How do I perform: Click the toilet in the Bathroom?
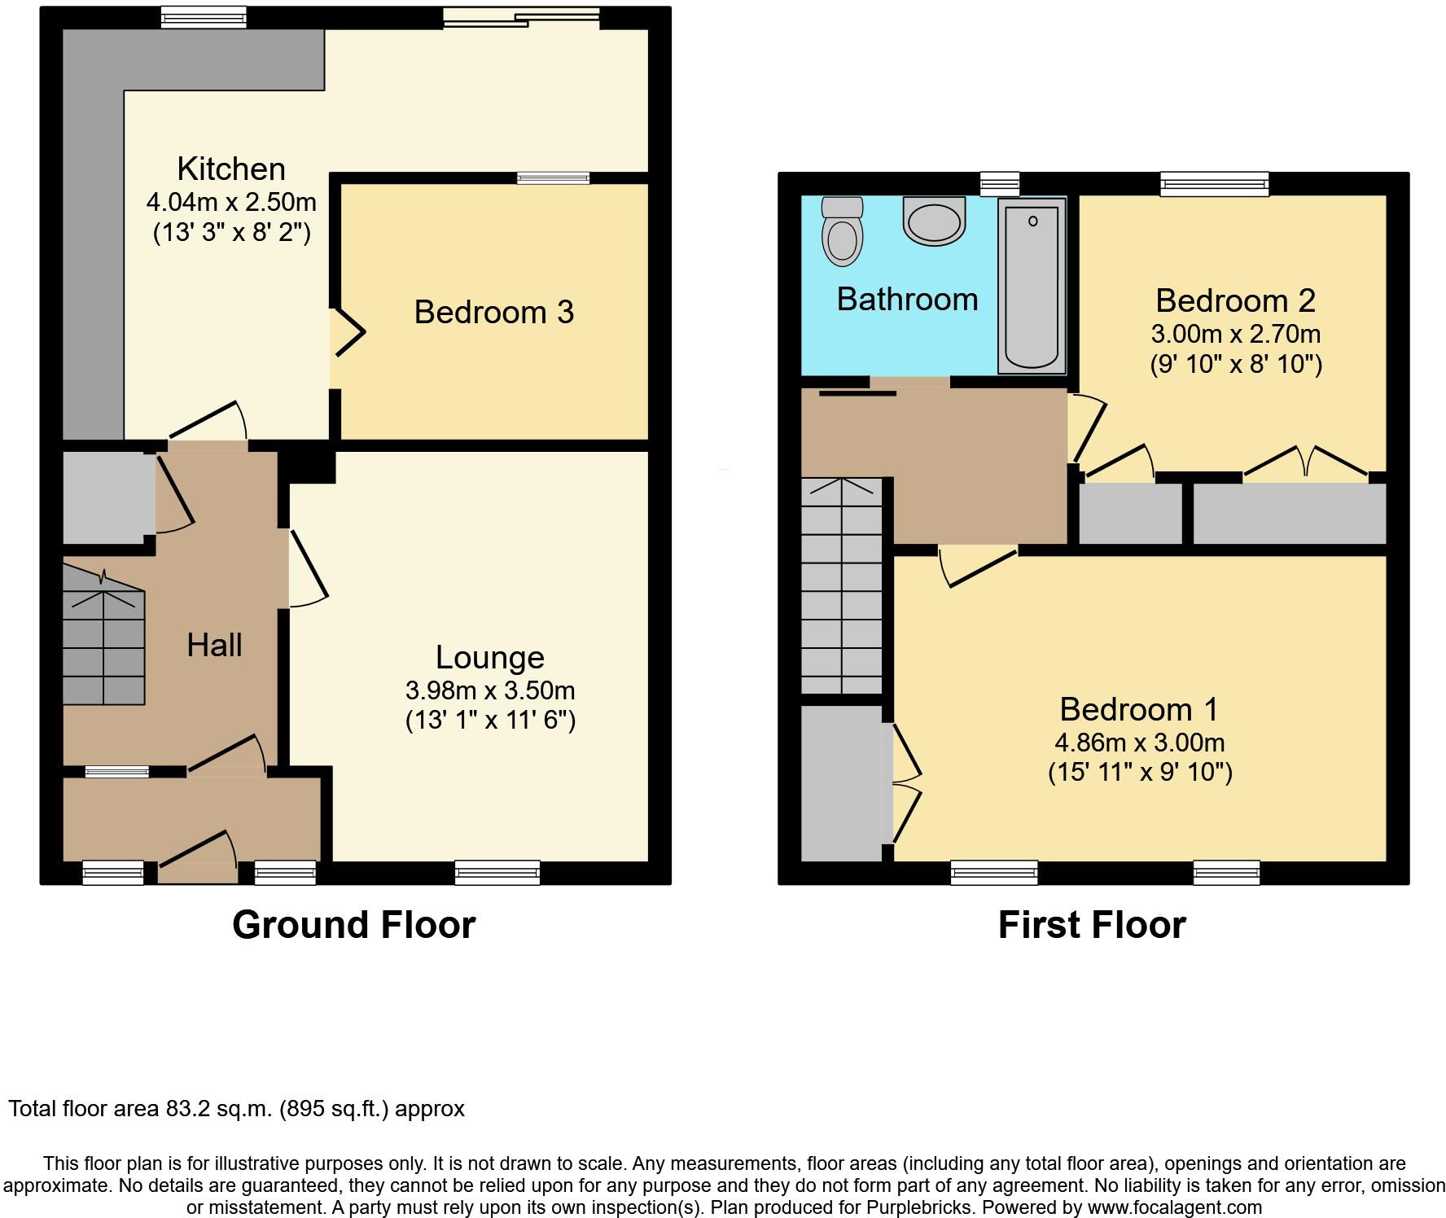(842, 231)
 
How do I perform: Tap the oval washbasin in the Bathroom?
(933, 222)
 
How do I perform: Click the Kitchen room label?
(231, 169)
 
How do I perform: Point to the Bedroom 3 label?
(493, 313)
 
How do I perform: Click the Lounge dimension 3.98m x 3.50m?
(490, 690)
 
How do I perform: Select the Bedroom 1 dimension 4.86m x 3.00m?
(1140, 743)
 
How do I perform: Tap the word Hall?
(214, 646)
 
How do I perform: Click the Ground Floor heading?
(353, 925)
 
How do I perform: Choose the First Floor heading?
(1092, 925)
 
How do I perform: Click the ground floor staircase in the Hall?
(103, 647)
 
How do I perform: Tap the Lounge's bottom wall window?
(497, 872)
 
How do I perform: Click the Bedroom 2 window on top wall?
(1214, 184)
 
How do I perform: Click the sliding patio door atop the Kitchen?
(522, 17)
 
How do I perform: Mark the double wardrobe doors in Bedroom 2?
(1305, 461)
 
